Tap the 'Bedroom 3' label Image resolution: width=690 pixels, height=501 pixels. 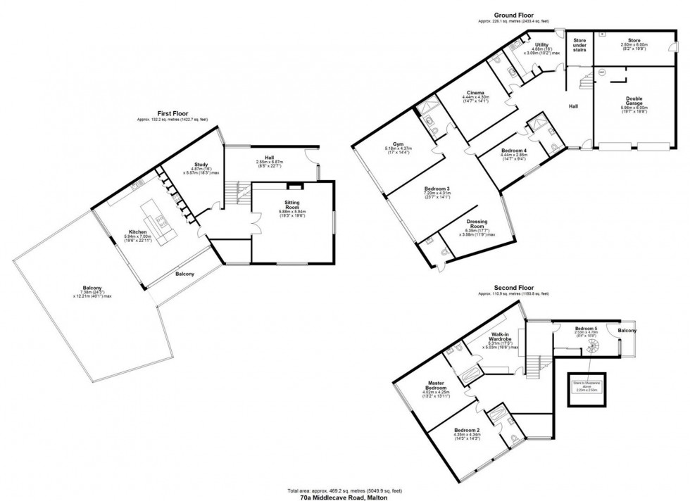tap(437, 189)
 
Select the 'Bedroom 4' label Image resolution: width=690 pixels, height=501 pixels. tap(513, 151)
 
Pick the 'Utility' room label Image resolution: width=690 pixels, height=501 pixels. tap(541, 44)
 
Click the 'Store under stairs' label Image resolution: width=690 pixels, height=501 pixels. tap(579, 46)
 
